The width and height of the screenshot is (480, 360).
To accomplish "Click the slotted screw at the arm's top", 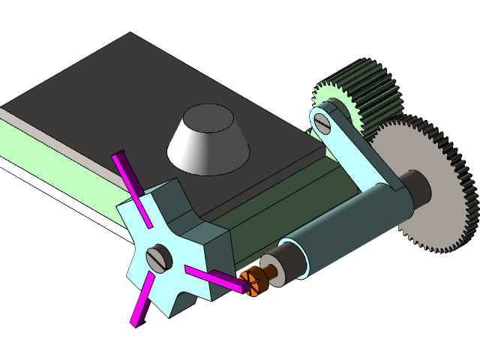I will pos(324,121).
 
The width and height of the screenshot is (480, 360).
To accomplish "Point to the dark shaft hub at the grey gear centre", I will pos(416,187).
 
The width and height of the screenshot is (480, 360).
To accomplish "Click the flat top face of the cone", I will pos(206,116).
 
